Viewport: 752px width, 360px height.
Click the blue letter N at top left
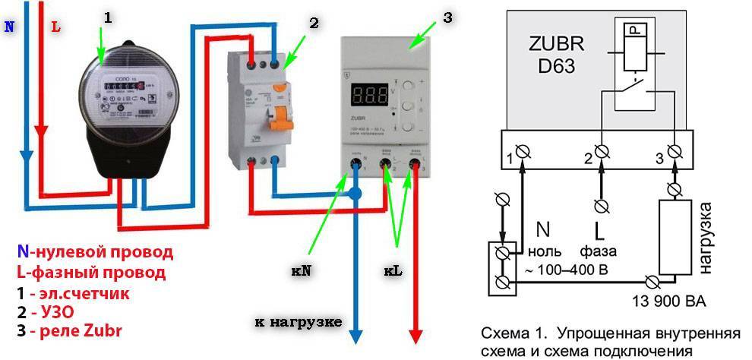click(x=8, y=25)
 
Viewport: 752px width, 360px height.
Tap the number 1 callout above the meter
click(x=106, y=17)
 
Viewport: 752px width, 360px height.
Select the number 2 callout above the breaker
click(x=313, y=22)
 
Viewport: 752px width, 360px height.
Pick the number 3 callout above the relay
click(x=447, y=17)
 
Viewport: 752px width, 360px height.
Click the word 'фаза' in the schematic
click(x=600, y=251)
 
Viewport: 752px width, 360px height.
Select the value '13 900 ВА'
click(x=668, y=302)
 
